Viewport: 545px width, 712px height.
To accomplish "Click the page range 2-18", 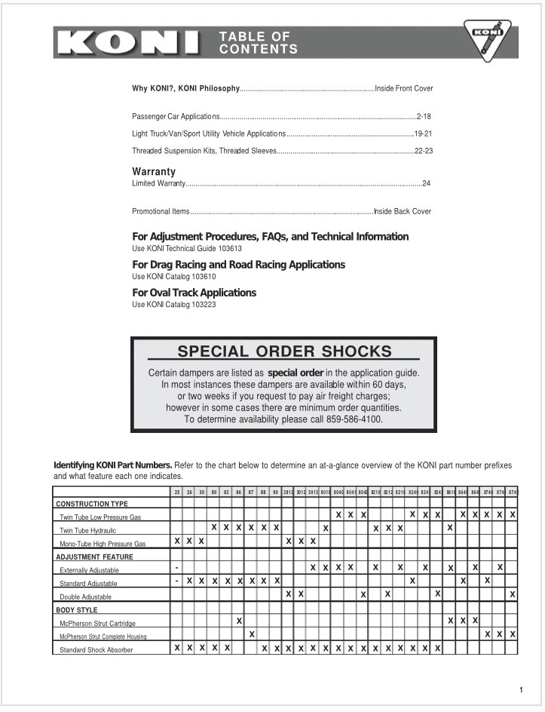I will pos(423,116).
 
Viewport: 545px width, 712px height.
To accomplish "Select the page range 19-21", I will pos(422,133).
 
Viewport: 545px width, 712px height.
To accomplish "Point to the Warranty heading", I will pos(154,171).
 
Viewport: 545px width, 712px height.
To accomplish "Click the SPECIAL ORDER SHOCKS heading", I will pos(284,351).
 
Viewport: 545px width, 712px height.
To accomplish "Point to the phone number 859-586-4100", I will pos(354,419).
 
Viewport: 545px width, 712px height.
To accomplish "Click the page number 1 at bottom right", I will pos(521,689).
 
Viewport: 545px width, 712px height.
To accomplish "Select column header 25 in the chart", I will pos(176,492).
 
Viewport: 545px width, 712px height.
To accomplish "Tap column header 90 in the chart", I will pos(276,492).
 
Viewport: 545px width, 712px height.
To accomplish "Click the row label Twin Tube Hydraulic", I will pos(88,530).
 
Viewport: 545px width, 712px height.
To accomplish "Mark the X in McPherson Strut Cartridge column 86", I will pos(239,621).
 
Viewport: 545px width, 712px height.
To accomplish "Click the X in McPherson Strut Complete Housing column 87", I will pos(252,634).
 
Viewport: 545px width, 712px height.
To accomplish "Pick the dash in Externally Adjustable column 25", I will pos(176,567).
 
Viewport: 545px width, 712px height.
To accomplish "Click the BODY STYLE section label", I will pos(77,609).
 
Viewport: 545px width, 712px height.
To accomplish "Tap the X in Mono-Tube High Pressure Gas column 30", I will pos(201,542).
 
